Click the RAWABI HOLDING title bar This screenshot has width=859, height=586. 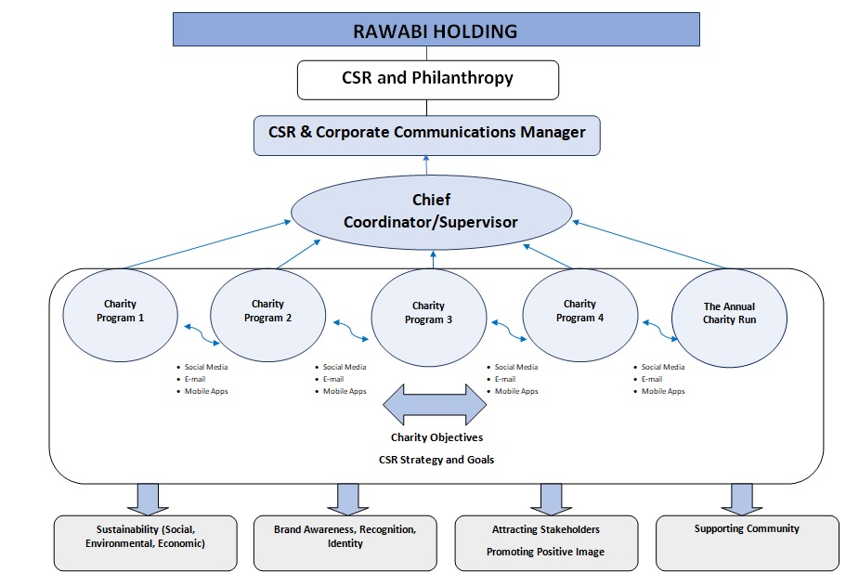(436, 31)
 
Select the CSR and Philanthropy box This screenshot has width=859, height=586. (427, 79)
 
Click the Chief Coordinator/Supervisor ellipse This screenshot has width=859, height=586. (431, 213)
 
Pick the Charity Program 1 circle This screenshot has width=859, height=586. (119, 311)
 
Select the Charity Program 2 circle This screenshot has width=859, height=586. (267, 312)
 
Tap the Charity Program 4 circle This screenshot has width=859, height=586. (579, 312)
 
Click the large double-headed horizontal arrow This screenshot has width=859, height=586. (435, 405)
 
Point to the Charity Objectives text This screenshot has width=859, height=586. (436, 437)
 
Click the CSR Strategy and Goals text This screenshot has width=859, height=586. (436, 460)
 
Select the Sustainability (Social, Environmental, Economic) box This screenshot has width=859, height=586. (145, 542)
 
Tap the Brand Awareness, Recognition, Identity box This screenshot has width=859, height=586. (345, 542)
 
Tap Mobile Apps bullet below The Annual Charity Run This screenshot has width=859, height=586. (663, 392)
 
